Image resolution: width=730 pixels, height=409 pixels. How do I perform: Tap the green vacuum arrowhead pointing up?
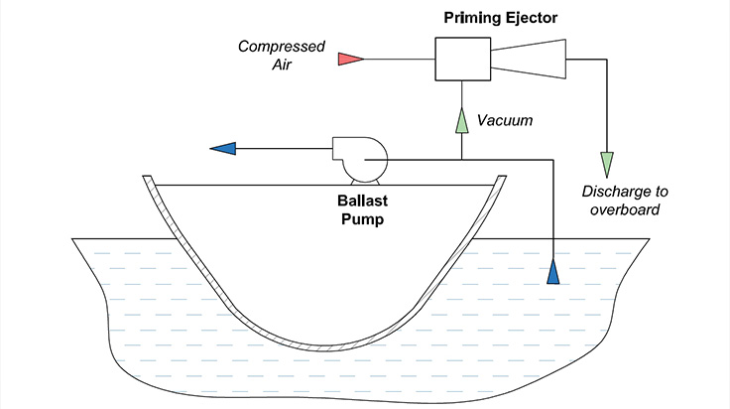[x=461, y=120]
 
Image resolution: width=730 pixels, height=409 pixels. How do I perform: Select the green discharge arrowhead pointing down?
[x=606, y=164]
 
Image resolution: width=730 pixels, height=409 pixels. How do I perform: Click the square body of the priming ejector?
[x=463, y=59]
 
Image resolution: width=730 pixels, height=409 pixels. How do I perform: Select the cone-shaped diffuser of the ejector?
[x=531, y=59]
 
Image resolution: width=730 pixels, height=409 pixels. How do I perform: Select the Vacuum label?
[x=505, y=120]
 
